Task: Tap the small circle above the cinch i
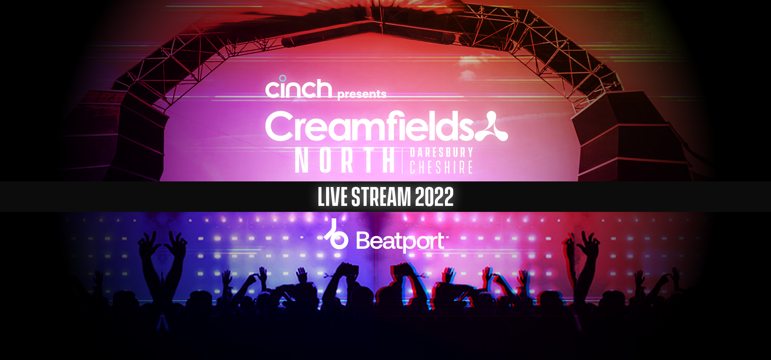coord(283,78)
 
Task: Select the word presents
coord(362,94)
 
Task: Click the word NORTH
coord(345,160)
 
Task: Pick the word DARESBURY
coord(442,153)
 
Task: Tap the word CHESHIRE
coord(441,167)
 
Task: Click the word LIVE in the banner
coord(332,197)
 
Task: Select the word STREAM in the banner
coord(381,197)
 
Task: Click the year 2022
coord(434,197)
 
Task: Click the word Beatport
coord(400,241)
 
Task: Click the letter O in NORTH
coord(326,160)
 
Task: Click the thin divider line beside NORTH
coord(402,161)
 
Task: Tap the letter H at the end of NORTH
coord(389,160)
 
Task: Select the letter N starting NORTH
coord(302,160)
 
